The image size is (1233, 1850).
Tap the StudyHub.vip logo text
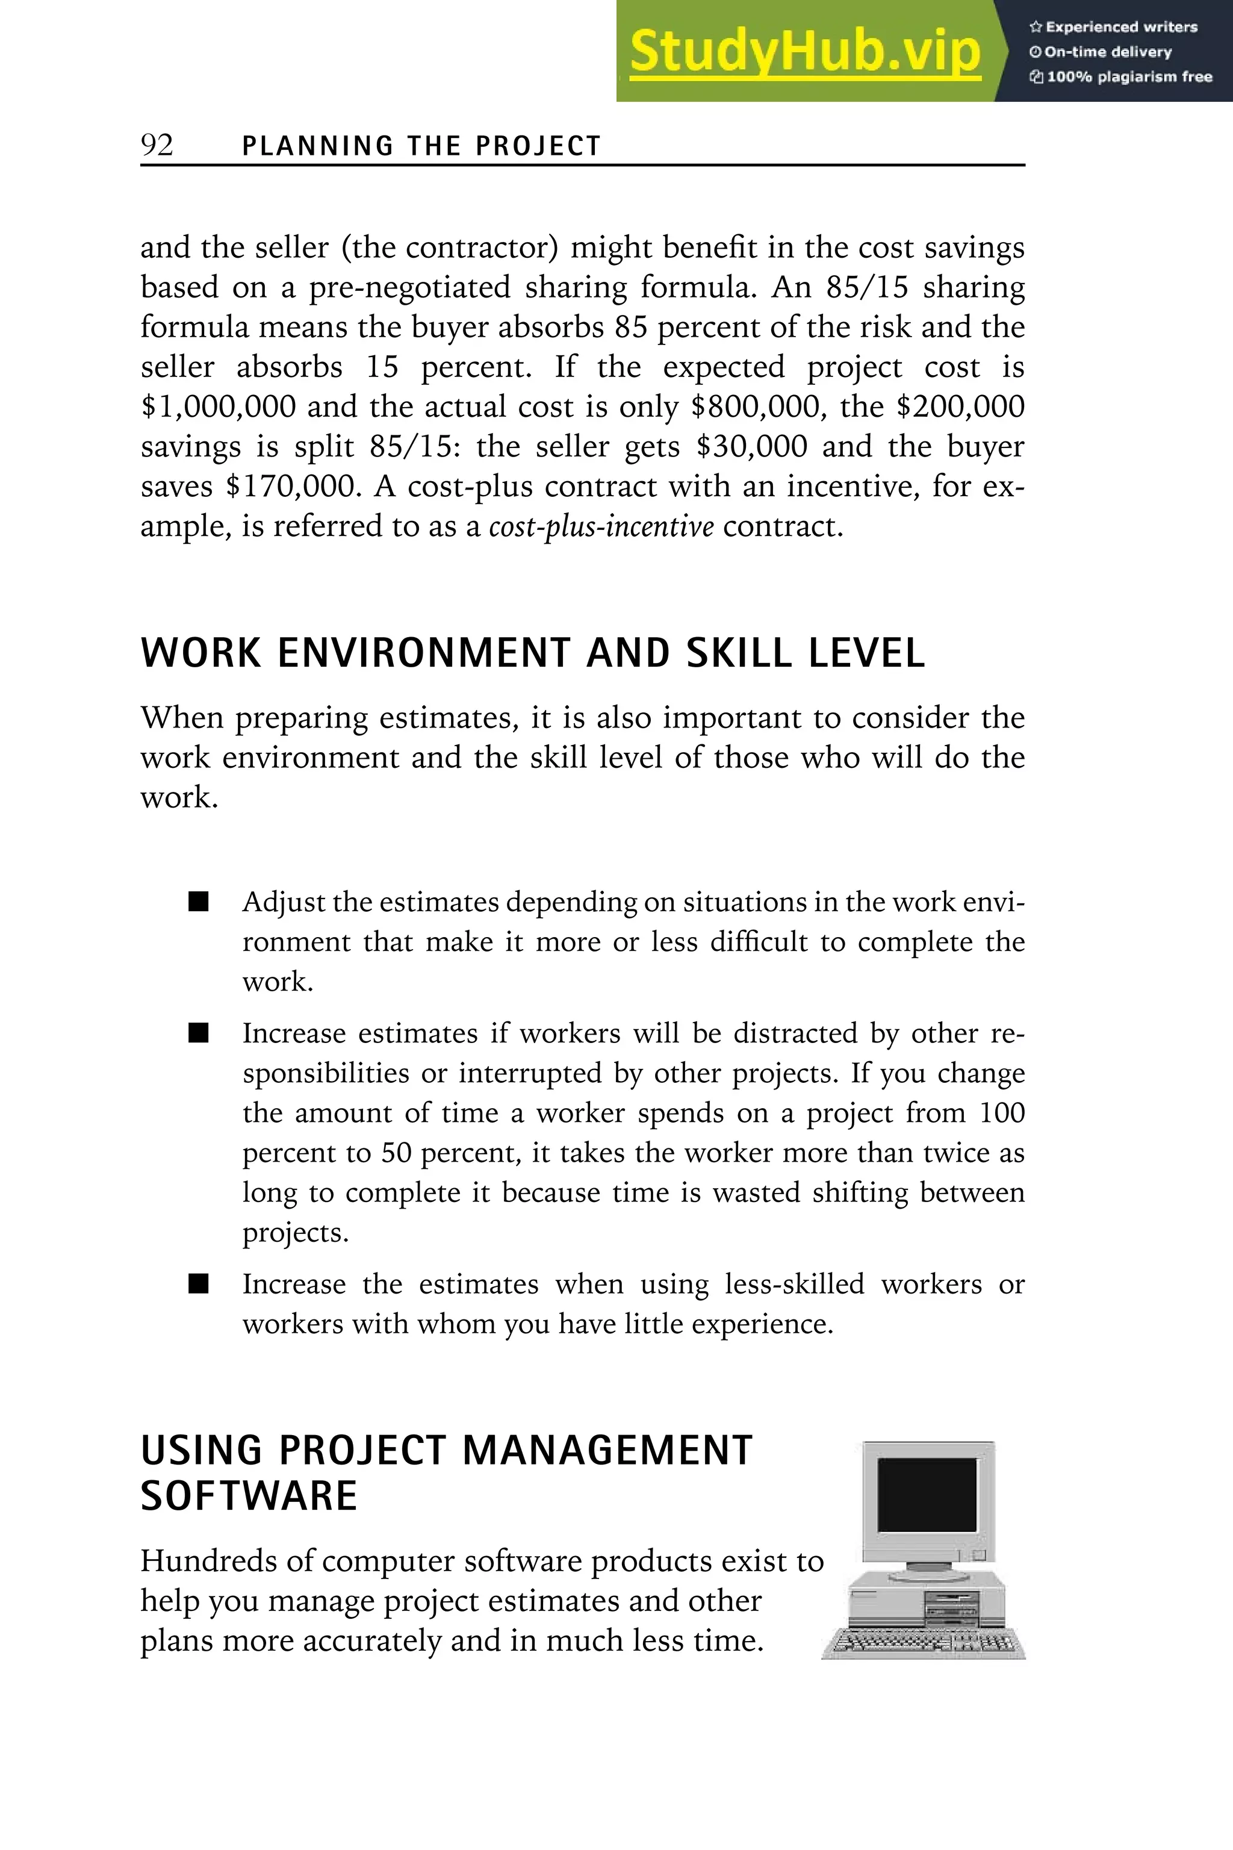coord(804,52)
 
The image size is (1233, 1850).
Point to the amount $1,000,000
coord(218,406)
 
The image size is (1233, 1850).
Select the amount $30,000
coord(752,447)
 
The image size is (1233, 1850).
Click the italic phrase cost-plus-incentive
coord(601,526)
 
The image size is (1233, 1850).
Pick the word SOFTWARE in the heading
coord(249,1495)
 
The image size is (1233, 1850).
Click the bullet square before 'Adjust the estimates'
coord(199,902)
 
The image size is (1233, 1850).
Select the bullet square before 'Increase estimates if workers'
coord(199,1033)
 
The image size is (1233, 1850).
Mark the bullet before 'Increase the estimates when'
coord(199,1285)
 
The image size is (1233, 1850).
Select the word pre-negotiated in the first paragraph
coord(409,288)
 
